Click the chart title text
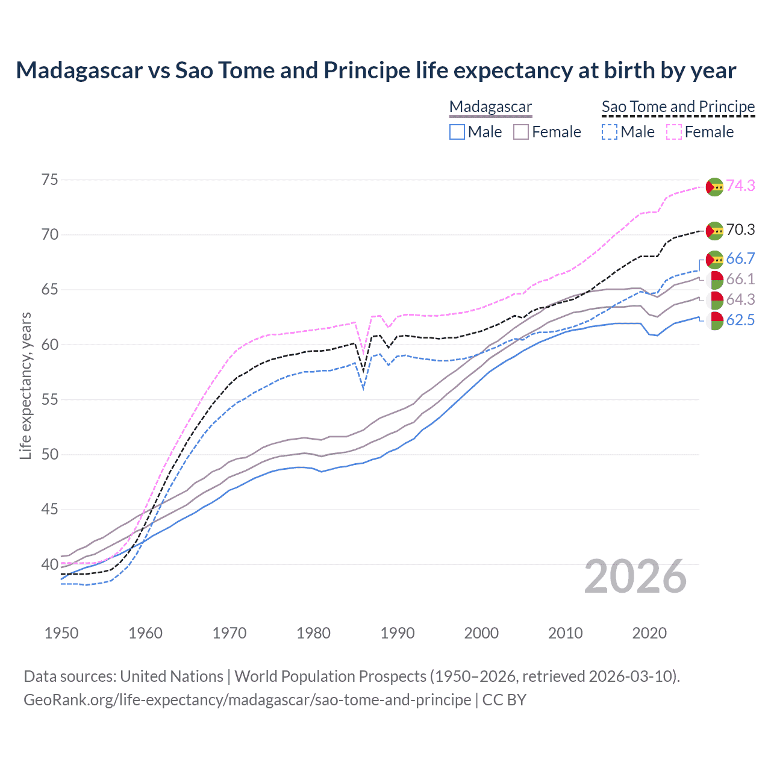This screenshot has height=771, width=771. pos(376,70)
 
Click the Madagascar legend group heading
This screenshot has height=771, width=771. pos(490,107)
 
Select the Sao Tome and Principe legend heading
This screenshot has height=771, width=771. pos(678,107)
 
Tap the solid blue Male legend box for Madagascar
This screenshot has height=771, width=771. pos(457,132)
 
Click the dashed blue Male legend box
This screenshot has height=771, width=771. pos(610,132)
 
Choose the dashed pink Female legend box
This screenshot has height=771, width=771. pos(674,132)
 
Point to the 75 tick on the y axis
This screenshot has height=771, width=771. pos(50,179)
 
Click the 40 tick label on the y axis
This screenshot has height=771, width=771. pos(50,564)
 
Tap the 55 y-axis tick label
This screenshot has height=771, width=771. pos(50,399)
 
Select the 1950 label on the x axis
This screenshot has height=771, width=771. pos(61,633)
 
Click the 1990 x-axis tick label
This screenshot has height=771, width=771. pos(398,633)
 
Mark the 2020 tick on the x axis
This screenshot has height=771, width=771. pos(649,633)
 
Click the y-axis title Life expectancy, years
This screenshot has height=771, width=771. pos(25,385)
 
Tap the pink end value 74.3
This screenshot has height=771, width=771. pos(740,186)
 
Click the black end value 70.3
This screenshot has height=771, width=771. pos(740,229)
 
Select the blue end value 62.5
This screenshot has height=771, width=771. pos(740,320)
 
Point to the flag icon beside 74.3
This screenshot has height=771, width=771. pos(714,187)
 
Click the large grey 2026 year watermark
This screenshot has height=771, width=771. pos(635,576)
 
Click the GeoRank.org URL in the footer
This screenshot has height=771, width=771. pos(247,700)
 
